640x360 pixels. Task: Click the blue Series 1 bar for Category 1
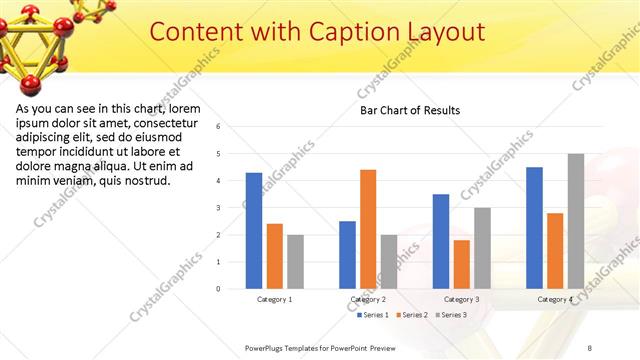pyautogui.click(x=254, y=231)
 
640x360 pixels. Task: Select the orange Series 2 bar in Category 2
pyautogui.click(x=368, y=229)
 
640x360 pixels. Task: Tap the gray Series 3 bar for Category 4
pyautogui.click(x=576, y=221)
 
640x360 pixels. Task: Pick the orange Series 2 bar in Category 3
pyautogui.click(x=462, y=264)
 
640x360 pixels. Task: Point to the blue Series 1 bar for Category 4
pyautogui.click(x=534, y=228)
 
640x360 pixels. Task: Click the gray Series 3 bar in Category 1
pyautogui.click(x=295, y=262)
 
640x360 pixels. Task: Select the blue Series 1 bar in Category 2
pyautogui.click(x=347, y=255)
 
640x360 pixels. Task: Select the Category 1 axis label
pyautogui.click(x=274, y=299)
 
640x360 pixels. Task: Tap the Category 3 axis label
pyautogui.click(x=461, y=299)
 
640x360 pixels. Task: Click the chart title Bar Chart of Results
pyautogui.click(x=410, y=110)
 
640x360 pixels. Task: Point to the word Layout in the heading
pyautogui.click(x=445, y=32)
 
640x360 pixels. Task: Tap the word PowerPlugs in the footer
pyautogui.click(x=267, y=347)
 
